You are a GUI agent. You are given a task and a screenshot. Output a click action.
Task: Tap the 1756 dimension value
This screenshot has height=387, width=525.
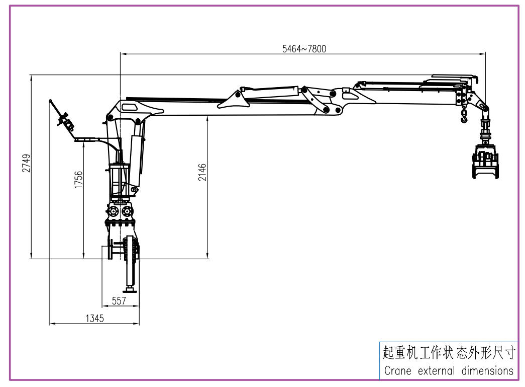[x=78, y=180]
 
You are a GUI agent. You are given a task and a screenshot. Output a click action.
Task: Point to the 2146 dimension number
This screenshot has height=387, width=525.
[x=202, y=172]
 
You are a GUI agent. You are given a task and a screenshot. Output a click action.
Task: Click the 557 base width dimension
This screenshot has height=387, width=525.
[x=119, y=300]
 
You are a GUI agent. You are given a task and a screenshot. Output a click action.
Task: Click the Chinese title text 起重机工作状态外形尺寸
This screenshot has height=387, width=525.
[x=449, y=352]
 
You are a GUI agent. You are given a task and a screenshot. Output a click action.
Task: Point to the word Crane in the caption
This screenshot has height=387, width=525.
[x=398, y=371]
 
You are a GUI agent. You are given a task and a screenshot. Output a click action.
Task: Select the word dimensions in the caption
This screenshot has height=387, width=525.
[x=487, y=371]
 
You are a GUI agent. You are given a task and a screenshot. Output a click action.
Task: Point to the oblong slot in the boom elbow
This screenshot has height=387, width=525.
[x=130, y=107]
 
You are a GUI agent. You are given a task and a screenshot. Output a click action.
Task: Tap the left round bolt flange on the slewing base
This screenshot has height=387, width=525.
[x=113, y=210]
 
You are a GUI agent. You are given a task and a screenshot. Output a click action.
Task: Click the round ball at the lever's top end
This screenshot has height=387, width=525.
[x=50, y=101]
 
